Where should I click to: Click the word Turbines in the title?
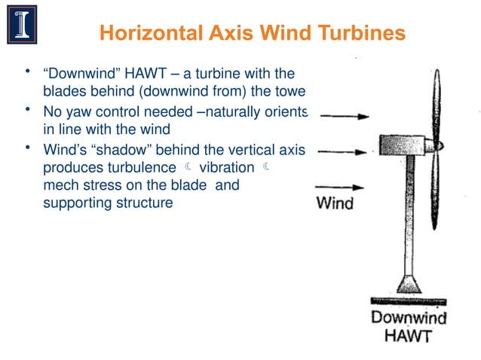[x=363, y=33]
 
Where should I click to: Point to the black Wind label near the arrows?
[x=334, y=203]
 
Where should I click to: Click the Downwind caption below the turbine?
[x=408, y=317]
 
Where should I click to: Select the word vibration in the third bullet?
[x=224, y=166]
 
